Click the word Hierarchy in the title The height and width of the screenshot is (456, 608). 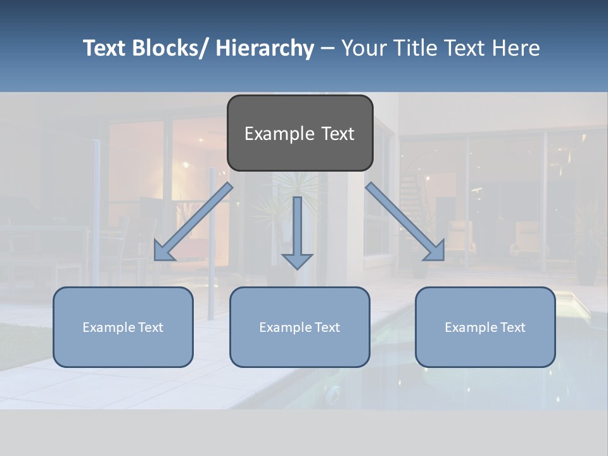(x=265, y=48)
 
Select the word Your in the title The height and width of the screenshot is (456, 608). (x=364, y=48)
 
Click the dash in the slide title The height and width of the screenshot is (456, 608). (x=327, y=48)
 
